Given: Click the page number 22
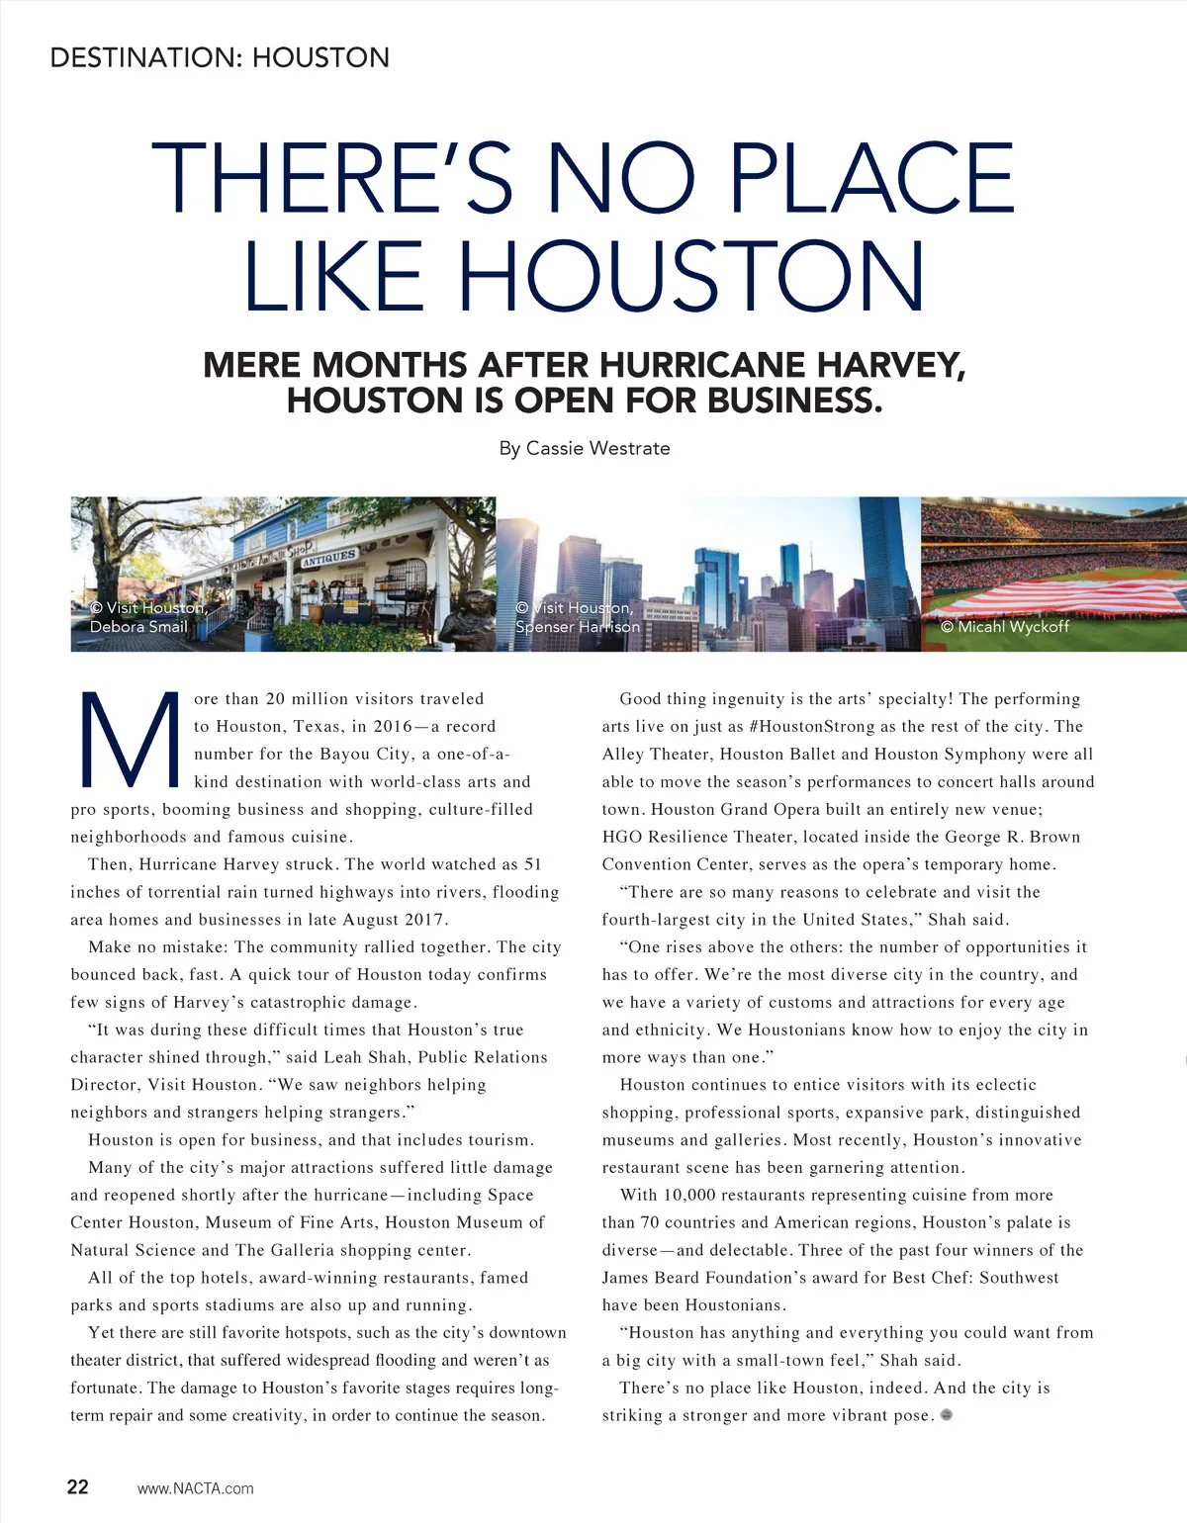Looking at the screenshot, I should (x=77, y=1486).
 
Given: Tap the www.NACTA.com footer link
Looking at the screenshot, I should (x=195, y=1488).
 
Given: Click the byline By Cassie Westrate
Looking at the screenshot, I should (x=585, y=448).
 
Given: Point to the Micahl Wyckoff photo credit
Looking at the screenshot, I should (x=1004, y=626).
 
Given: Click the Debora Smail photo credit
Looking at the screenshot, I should (x=138, y=626).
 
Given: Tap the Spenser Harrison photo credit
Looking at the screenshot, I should (x=578, y=626).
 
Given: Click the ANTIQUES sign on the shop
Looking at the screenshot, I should (x=328, y=558).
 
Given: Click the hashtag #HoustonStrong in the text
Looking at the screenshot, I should (x=798, y=726).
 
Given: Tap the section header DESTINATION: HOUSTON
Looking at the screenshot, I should (x=220, y=57).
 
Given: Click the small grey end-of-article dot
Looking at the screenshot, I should (x=947, y=1414).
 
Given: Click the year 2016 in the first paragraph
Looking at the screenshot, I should (x=393, y=726).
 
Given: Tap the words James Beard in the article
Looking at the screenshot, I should (x=648, y=1278).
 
